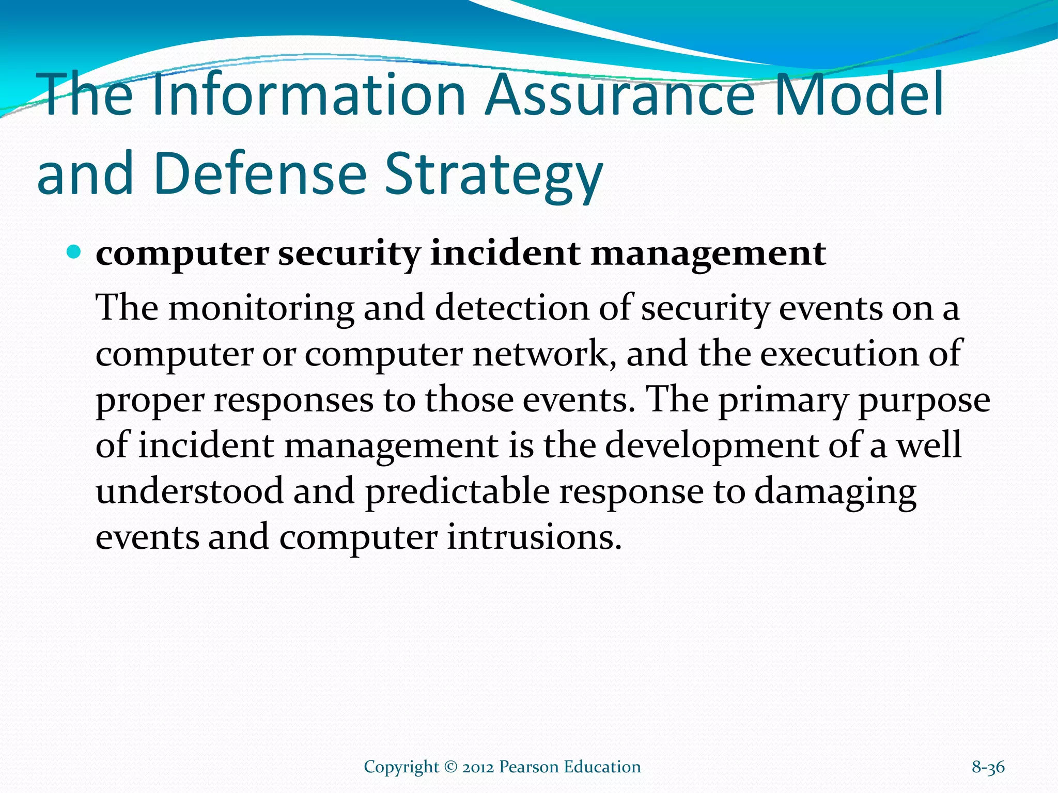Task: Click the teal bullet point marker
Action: click(x=74, y=252)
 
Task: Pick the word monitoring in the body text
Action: click(x=261, y=309)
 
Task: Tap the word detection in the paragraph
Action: click(x=511, y=308)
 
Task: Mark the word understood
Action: click(x=190, y=491)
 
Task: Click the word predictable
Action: click(x=458, y=491)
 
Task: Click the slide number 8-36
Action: click(x=988, y=767)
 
